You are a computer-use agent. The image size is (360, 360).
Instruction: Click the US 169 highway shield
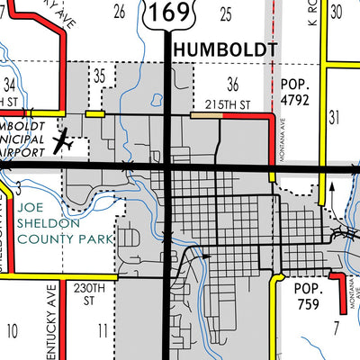(x=168, y=13)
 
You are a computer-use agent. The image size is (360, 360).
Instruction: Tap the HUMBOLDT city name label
(x=221, y=49)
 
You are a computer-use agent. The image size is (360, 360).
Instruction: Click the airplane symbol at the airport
(x=62, y=142)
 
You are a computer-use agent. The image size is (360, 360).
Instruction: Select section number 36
(x=234, y=85)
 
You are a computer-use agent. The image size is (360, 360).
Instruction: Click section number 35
(x=100, y=74)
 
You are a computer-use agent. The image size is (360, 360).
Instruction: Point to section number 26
(x=118, y=11)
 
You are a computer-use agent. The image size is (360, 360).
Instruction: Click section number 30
(x=337, y=11)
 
